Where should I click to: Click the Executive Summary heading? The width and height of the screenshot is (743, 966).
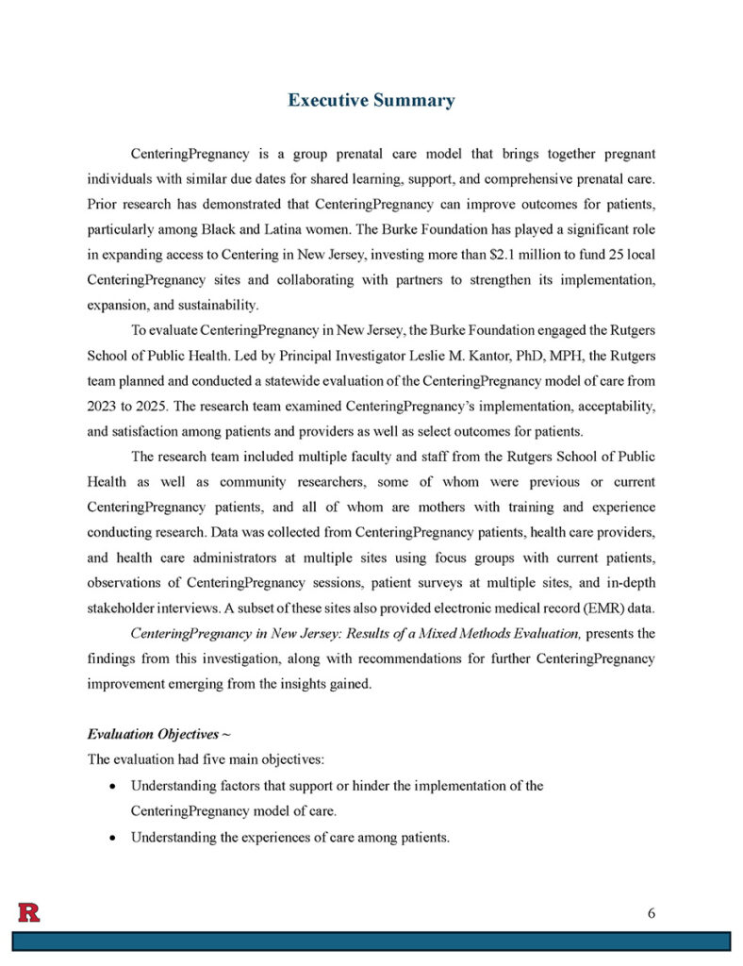pyautogui.click(x=371, y=100)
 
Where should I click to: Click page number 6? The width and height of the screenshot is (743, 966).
pyautogui.click(x=652, y=912)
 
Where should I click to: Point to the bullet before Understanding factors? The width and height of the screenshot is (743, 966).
pyautogui.click(x=113, y=786)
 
